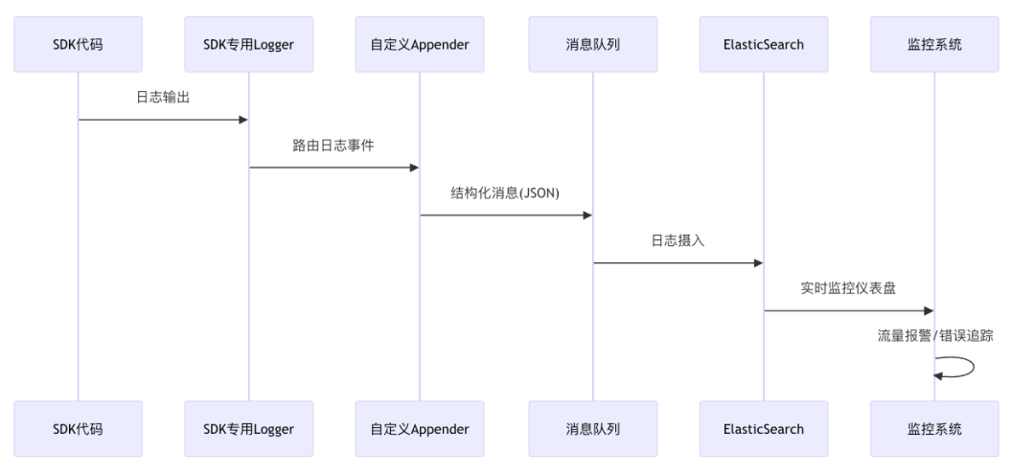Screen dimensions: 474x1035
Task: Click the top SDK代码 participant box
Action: tap(78, 44)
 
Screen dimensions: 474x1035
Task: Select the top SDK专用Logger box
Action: tap(248, 44)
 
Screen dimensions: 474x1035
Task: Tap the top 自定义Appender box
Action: tap(420, 44)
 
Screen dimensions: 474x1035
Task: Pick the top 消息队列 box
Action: tap(592, 44)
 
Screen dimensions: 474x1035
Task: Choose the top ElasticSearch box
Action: tap(764, 44)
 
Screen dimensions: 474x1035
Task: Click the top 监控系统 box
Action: tap(934, 44)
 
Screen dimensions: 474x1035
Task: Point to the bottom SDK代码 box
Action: tap(78, 429)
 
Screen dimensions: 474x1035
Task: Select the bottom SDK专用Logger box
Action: tap(248, 429)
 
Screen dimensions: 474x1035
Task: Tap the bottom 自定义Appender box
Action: tap(420, 429)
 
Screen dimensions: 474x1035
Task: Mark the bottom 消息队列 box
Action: tap(592, 429)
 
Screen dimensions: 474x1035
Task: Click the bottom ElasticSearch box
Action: tap(764, 429)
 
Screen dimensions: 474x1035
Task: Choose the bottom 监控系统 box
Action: tap(934, 429)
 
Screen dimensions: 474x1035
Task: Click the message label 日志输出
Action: tap(163, 98)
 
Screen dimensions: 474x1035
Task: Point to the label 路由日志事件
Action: tap(333, 146)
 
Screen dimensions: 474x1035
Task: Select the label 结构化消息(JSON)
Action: tap(505, 192)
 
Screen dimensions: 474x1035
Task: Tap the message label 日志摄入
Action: tap(678, 240)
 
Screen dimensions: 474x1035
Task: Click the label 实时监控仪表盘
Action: tap(848, 288)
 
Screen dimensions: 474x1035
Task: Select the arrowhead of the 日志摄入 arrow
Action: tap(757, 262)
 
